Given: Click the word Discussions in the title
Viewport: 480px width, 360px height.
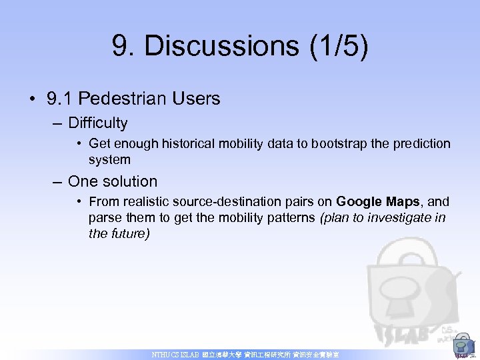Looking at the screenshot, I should [222, 47].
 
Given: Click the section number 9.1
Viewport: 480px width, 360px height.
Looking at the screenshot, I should [59, 99].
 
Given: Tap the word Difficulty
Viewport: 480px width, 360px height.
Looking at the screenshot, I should [97, 123].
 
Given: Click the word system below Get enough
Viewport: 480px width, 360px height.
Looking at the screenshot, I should [109, 160].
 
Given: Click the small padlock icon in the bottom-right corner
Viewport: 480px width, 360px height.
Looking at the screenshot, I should [461, 346].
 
